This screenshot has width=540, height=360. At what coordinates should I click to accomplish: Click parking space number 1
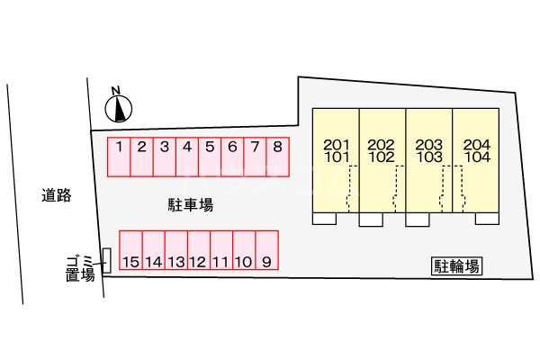(x=119, y=157)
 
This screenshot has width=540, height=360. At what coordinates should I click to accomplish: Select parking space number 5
(x=210, y=157)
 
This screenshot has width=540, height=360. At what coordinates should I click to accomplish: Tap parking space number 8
(x=277, y=157)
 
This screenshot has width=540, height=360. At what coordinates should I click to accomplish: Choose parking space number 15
(x=130, y=250)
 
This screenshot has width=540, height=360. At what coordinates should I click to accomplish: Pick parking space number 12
(x=199, y=250)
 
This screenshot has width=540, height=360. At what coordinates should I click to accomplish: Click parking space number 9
(x=267, y=250)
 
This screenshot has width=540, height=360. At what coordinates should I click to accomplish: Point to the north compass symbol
(x=119, y=106)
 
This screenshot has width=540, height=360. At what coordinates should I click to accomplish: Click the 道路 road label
(x=57, y=195)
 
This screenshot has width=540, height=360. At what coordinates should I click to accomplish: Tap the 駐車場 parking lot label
(x=191, y=204)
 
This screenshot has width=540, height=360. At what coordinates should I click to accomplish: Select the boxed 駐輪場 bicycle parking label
(x=456, y=266)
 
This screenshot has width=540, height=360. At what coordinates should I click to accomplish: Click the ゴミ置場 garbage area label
(x=80, y=268)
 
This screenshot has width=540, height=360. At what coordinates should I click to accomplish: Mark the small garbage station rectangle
(x=107, y=261)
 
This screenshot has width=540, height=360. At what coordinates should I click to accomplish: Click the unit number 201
(x=337, y=145)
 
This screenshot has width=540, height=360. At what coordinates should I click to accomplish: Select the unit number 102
(x=382, y=157)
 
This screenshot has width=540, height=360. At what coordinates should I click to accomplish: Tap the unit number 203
(x=428, y=145)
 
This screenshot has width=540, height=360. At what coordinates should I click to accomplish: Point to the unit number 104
(x=477, y=157)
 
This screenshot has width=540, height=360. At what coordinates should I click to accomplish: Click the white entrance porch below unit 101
(x=324, y=219)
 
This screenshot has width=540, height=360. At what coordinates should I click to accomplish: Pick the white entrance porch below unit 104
(x=487, y=219)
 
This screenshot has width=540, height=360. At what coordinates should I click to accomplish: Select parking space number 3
(x=165, y=157)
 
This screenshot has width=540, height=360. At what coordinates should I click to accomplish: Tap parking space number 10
(x=244, y=250)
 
